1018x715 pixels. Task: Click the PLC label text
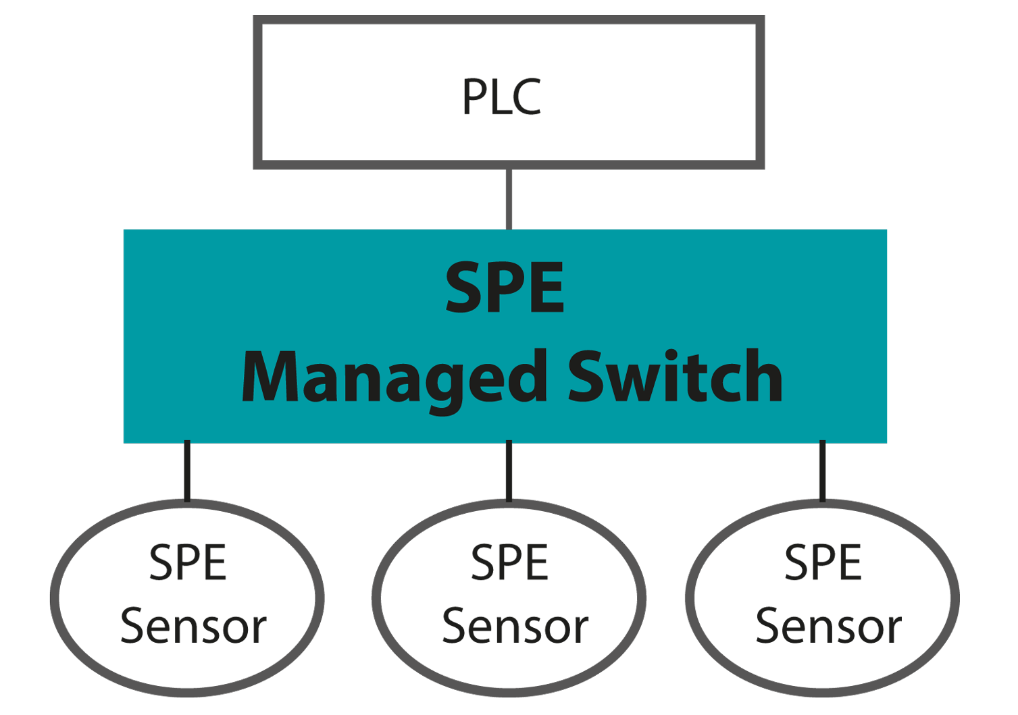[x=501, y=97]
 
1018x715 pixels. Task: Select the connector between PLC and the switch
[x=509, y=198]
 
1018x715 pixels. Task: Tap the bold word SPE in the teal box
[x=505, y=288]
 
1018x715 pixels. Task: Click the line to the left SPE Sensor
[x=187, y=471]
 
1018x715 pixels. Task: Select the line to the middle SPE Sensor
[x=509, y=471]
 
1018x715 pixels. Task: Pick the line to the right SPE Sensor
[x=822, y=471]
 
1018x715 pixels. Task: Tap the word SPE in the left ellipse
[x=188, y=562]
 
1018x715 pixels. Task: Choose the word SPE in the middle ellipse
[x=509, y=562]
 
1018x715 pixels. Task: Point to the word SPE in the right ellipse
[x=823, y=562]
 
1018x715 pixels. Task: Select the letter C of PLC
[x=528, y=97]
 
